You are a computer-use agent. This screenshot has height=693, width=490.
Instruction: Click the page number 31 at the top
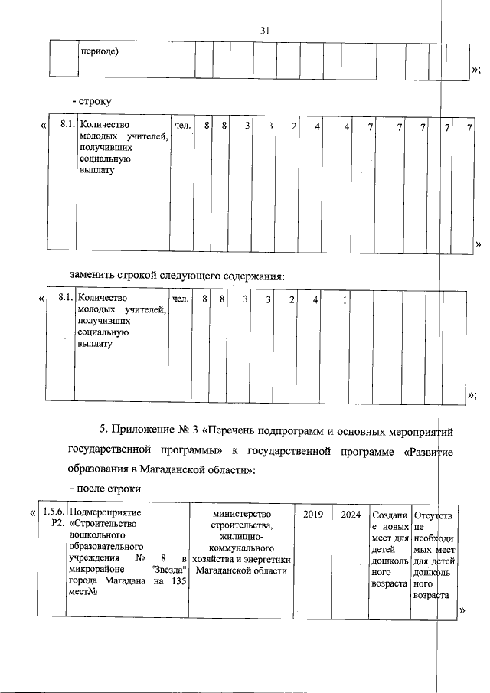tap(266, 31)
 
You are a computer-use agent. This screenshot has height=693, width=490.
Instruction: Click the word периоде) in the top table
tap(99, 52)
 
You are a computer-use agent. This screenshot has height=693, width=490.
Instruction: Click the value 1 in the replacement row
tap(345, 299)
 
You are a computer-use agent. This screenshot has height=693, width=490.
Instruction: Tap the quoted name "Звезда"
tap(169, 569)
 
